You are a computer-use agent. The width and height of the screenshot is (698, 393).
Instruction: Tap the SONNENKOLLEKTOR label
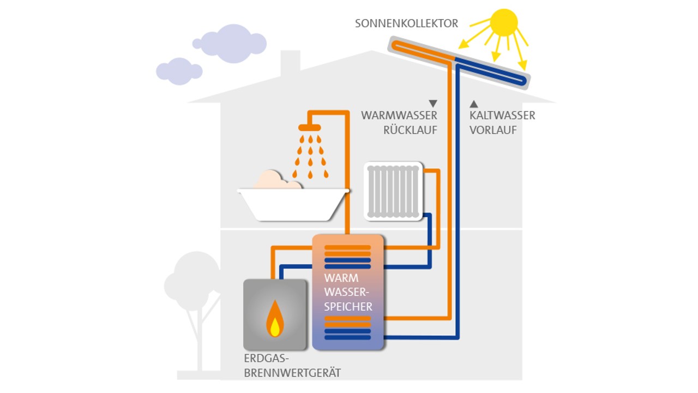[x=406, y=23]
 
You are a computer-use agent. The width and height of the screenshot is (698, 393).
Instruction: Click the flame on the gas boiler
[x=275, y=321]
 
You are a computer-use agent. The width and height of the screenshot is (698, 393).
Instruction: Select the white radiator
[x=393, y=191]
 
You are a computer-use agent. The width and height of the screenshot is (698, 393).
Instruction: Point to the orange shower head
[x=310, y=127]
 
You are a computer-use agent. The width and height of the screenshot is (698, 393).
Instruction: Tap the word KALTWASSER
[x=502, y=116]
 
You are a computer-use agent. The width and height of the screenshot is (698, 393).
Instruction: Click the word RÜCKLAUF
[x=410, y=130]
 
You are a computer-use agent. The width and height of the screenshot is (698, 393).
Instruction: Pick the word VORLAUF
[x=493, y=130]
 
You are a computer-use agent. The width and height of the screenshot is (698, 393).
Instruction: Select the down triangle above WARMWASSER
[x=433, y=103]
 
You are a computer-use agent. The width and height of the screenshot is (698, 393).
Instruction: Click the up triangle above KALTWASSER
[x=474, y=103]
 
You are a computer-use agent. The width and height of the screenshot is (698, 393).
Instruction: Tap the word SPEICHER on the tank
[x=348, y=306]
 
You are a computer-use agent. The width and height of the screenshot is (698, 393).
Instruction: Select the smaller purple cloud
[x=178, y=71]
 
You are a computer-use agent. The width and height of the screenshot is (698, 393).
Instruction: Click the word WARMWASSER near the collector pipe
[x=399, y=116]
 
